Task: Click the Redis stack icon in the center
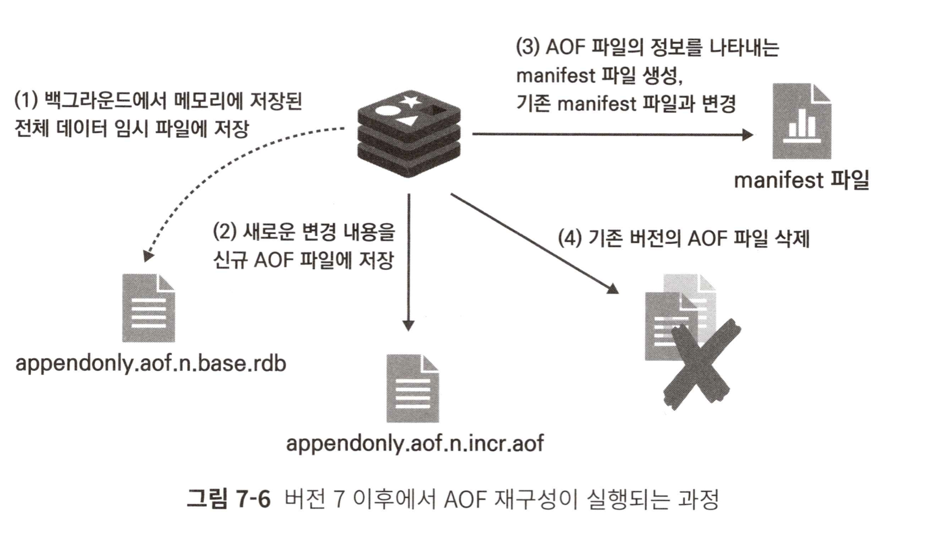[409, 133]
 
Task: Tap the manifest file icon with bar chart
[801, 121]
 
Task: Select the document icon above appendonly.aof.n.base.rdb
[148, 308]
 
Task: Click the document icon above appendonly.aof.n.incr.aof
[412, 389]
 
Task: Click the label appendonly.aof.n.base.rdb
[150, 363]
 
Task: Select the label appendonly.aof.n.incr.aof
[414, 443]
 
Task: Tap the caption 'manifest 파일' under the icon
[801, 180]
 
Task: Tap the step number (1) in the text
[26, 101]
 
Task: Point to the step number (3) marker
[527, 47]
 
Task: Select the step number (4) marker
[570, 238]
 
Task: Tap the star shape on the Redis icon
[411, 100]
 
